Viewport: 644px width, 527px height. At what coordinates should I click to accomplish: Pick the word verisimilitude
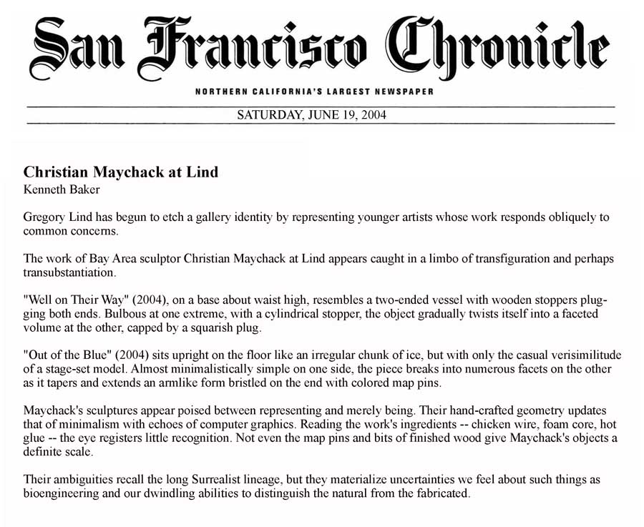[579, 355]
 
